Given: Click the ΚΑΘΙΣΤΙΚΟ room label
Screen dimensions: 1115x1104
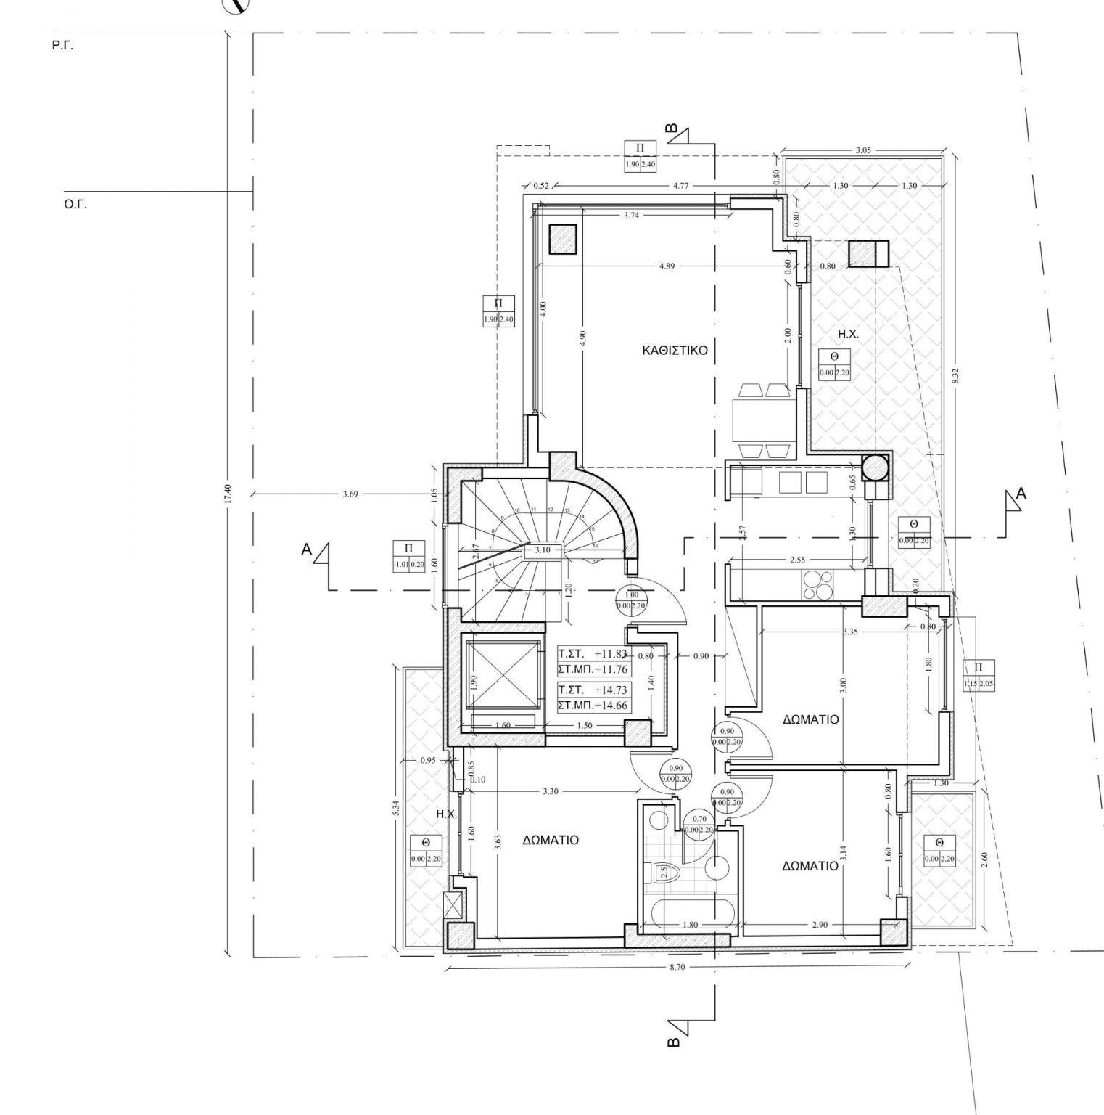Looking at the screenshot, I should coord(675,350).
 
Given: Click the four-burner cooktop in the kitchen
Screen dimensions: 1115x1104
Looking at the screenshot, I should coord(817,585).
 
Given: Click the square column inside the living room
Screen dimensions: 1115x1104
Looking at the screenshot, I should coord(562,239).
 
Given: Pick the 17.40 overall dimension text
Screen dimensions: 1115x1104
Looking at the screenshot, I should coord(228,494).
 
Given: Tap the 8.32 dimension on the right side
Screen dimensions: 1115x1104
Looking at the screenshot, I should coord(955,375).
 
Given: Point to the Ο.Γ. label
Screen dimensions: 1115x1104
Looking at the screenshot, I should coord(75,205).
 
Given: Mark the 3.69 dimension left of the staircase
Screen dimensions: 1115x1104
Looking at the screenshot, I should coord(351,494).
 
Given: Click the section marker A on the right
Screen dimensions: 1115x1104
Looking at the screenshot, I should coord(1021,494).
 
